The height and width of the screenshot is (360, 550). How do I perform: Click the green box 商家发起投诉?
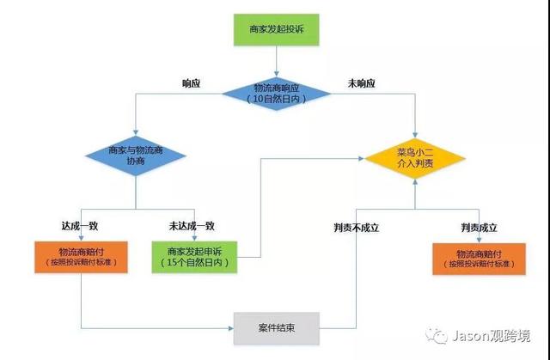(x=275, y=29)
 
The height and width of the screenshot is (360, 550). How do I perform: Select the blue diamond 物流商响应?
(x=275, y=92)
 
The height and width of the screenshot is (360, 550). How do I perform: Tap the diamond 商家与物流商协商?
(x=136, y=156)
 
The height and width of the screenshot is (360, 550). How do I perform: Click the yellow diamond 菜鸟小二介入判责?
(x=415, y=156)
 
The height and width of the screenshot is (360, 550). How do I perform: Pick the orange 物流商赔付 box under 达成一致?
(x=82, y=256)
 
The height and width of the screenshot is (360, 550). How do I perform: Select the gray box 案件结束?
(x=277, y=327)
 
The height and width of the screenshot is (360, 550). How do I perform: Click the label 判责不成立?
(x=356, y=227)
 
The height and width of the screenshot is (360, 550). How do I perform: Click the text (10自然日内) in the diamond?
(x=275, y=100)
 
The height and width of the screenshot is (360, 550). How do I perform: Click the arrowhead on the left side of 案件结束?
(x=230, y=327)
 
